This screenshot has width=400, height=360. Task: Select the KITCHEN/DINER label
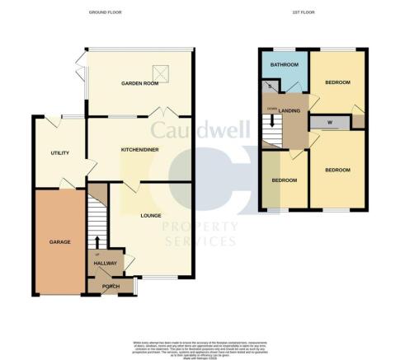click(x=140, y=149)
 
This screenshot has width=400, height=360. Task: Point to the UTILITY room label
click(x=59, y=153)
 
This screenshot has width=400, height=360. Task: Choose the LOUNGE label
click(x=150, y=217)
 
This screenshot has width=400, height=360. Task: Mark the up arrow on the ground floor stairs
click(x=97, y=240)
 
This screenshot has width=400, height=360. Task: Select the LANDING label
click(x=289, y=111)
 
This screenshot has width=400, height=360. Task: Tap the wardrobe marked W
click(x=330, y=123)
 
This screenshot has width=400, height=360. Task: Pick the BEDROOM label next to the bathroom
click(x=339, y=82)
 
